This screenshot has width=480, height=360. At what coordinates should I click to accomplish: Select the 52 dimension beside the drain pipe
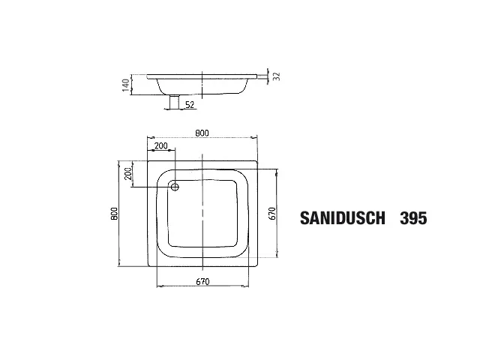pos(190,105)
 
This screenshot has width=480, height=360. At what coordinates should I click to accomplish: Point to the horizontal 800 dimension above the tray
pos(202,133)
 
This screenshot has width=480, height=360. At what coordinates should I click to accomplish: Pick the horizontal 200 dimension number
pos(161,146)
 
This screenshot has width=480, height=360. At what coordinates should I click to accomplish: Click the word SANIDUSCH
pos(343,218)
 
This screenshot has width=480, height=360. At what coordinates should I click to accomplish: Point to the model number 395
pos(413,218)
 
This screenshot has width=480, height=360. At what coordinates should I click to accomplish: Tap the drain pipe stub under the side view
pos(174,103)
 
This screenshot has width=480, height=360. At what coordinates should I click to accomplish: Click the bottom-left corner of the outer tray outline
pos(147,267)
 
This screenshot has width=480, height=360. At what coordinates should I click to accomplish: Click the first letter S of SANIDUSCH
pos(304,218)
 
